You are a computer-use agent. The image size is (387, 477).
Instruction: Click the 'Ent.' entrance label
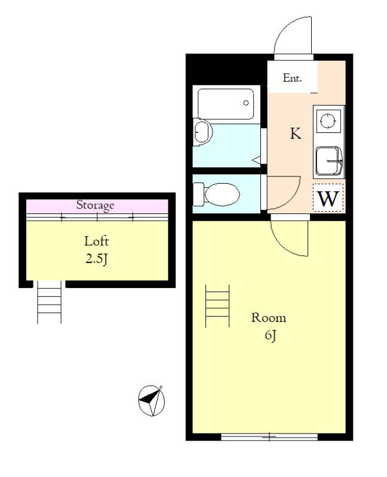coord(292,78)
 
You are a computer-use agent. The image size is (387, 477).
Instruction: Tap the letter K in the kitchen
coord(296,133)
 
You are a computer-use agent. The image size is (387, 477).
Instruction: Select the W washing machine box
coord(328,198)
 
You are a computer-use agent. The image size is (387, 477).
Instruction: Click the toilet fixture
coord(216,194)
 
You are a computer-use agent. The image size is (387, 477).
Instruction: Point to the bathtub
coord(226,104)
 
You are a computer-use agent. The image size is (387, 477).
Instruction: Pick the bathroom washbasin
coord(203,132)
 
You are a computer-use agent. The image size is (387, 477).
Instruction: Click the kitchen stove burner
coord(328,121)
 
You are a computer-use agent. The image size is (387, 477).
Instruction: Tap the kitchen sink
coord(328,161)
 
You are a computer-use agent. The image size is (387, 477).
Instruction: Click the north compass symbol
coord(152,400)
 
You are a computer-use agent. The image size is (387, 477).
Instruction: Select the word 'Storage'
coord(95,205)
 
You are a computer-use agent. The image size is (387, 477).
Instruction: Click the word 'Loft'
coord(96,241)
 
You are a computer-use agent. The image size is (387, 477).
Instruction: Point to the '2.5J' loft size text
coord(96,259)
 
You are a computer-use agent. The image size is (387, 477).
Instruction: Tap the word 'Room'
coord(269,318)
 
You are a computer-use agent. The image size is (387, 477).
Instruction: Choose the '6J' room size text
coord(271,335)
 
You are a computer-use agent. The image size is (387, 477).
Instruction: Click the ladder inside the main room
coord(217,306)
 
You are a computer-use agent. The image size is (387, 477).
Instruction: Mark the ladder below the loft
coord(50,302)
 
